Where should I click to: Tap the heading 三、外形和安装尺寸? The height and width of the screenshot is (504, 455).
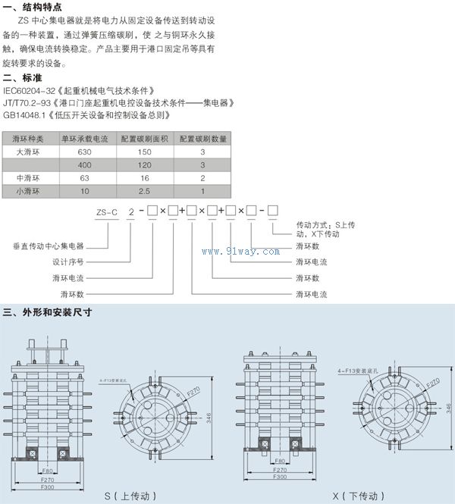(x=47, y=311)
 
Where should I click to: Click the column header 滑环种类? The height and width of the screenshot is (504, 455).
(x=30, y=139)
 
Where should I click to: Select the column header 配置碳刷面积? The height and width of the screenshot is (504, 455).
(x=145, y=139)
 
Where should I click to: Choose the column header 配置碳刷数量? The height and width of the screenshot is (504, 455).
(x=202, y=139)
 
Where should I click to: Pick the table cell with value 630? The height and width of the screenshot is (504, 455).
(x=85, y=152)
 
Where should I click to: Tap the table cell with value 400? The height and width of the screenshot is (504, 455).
(x=85, y=164)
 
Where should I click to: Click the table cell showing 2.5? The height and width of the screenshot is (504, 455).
(x=145, y=190)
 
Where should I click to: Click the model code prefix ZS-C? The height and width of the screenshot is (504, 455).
(x=106, y=212)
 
